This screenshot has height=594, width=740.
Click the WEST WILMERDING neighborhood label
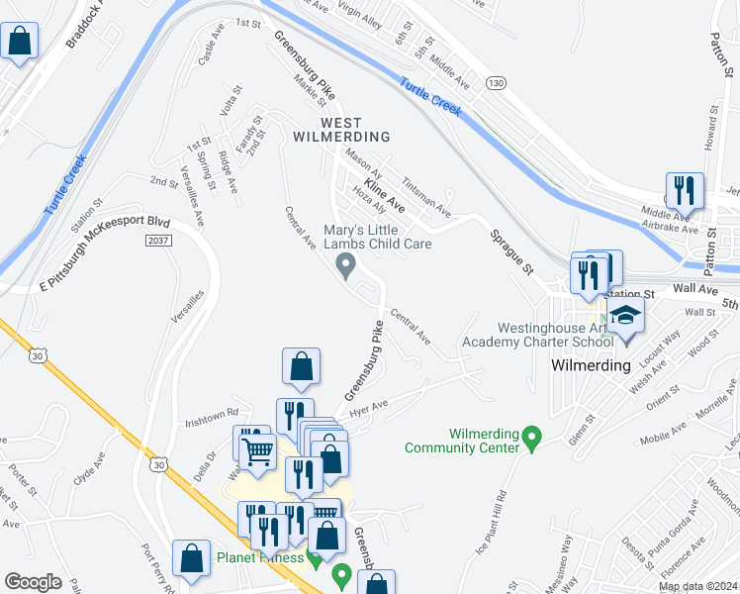click(341, 129)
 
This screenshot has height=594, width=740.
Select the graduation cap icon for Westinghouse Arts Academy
click(625, 318)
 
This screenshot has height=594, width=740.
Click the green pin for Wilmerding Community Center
click(532, 436)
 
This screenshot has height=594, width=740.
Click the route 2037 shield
click(157, 241)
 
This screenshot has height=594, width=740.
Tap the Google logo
click(33, 581)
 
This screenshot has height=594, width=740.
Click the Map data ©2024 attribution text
click(696, 586)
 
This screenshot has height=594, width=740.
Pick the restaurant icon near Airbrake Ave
click(685, 189)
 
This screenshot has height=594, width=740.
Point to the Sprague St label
click(511, 253)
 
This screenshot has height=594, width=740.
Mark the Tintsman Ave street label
click(425, 198)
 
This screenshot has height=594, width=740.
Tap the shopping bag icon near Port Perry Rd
click(190, 557)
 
